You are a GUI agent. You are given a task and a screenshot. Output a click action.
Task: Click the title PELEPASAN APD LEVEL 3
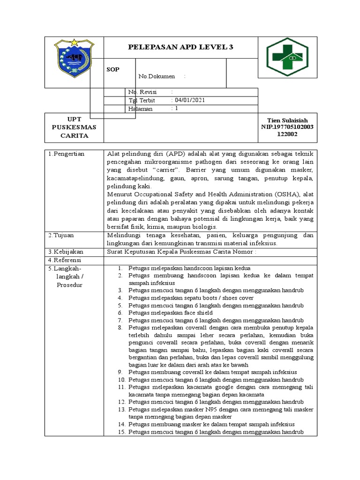(180, 47)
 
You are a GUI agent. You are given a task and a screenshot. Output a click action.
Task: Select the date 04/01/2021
(189, 100)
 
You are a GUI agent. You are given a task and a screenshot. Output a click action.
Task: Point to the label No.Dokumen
(157, 76)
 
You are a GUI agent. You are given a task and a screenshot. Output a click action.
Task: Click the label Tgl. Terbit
(142, 100)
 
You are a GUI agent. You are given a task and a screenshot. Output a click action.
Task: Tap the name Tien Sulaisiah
(287, 120)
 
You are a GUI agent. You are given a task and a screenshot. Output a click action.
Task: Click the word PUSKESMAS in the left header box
(74, 127)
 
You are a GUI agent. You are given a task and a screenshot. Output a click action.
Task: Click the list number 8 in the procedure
(120, 328)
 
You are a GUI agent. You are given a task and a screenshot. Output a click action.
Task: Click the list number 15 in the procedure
(121, 432)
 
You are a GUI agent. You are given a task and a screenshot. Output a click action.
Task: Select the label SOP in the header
(112, 69)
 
